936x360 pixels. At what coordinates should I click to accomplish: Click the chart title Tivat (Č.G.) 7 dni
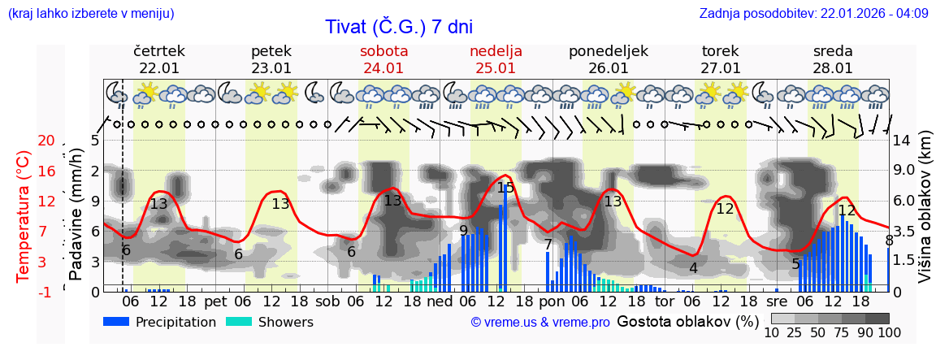pos(399,27)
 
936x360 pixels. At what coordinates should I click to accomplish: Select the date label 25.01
pos(496,68)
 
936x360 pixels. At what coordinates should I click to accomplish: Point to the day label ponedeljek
pos(609,51)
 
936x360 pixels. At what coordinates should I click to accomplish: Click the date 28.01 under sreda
pos(833,68)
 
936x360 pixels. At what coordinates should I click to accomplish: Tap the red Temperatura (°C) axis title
pos(24,216)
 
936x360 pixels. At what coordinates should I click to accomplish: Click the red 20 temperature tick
pos(45,141)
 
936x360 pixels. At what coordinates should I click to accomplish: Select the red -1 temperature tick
pos(45,292)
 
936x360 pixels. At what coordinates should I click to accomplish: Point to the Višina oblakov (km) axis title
pos(925,216)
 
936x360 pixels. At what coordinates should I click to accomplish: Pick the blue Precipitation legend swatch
pos(118,322)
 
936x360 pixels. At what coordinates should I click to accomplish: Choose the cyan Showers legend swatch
pos(240,322)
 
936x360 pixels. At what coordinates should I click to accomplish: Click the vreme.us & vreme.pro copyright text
pos(540,323)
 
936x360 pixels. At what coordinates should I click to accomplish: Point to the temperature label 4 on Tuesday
pos(693,268)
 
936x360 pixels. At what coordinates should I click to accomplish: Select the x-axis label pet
pos(215,301)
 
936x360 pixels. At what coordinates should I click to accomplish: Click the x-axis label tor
pos(665,301)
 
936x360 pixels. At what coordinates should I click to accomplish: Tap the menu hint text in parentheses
pos(90,13)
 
